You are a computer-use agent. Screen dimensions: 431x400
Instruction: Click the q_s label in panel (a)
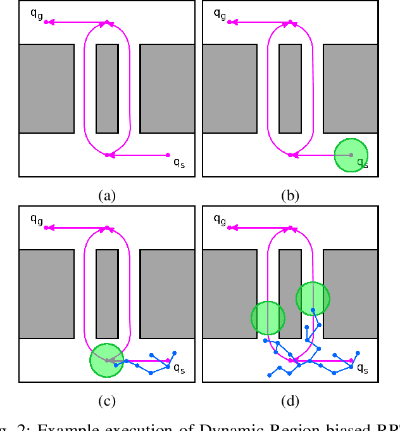coord(179,162)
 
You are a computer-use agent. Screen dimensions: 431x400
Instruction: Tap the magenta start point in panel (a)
coord(168,155)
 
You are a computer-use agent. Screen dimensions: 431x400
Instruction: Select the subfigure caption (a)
coord(107,195)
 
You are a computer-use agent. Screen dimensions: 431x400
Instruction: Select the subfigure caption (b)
coord(290,195)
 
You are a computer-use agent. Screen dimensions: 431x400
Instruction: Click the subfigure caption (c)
coord(107,401)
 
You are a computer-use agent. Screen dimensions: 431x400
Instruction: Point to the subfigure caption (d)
coord(290,401)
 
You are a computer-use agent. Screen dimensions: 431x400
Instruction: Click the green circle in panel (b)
coord(351,155)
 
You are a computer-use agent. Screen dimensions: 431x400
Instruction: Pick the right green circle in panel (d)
coord(313,298)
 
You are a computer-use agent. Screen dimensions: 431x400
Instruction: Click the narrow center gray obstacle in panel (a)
coord(107,88)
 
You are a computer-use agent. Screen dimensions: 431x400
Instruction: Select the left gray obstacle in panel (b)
coord(230,88)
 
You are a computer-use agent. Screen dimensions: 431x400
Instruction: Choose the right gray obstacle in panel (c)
coord(167,293)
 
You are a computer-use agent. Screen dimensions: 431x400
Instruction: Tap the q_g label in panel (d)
coord(220,219)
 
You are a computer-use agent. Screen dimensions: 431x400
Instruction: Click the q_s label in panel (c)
coord(179,368)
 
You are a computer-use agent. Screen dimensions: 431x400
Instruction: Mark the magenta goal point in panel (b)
coord(229,22)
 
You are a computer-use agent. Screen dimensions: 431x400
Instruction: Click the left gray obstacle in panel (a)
coord(46,88)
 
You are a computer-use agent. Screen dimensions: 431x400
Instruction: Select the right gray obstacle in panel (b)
coord(351,88)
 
